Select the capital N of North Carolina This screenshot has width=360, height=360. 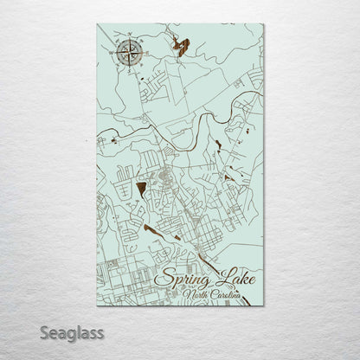(186, 296)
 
